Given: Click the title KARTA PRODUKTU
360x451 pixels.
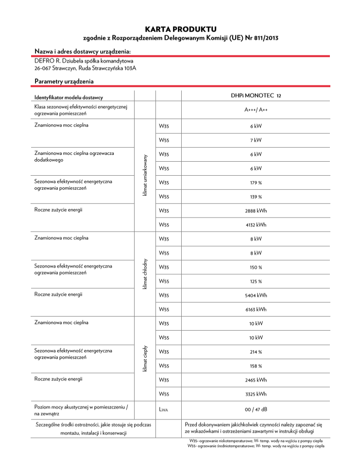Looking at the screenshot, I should pos(180,29).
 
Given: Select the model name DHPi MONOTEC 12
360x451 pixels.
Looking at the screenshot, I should pos(256,96).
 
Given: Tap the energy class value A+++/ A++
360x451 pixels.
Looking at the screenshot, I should pos(256,110).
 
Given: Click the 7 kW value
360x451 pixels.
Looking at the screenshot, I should pos(256,140).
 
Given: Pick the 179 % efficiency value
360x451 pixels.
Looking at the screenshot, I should pos(256,183).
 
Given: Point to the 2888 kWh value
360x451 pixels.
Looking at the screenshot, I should pos(256,211).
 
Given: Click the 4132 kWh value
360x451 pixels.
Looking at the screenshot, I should pos(256,225).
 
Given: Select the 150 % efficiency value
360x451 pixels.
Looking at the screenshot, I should pos(256,267).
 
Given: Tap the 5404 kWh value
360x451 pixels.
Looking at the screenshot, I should pos(256,295).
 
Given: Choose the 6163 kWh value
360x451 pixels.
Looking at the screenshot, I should pos(256,309).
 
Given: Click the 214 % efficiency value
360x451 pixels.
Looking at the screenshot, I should pos(256,351).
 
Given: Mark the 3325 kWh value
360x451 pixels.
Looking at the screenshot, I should pos(256,394).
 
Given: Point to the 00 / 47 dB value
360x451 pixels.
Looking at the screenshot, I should pos(256,409).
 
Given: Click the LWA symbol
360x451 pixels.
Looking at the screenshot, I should pos(164,410).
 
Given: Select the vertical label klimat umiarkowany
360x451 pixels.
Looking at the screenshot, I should pos(145,176).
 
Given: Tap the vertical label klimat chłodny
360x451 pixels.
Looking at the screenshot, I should pos(145,274).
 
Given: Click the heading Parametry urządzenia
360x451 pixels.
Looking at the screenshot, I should pos(64,81).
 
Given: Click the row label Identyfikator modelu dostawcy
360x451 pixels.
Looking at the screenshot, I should pos(69,98).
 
